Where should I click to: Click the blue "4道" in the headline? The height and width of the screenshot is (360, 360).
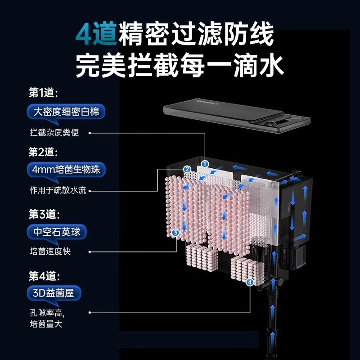(x=96, y=34)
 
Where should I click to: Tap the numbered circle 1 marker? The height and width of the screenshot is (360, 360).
(x=205, y=164)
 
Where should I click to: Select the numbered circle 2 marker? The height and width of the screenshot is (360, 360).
(x=187, y=170)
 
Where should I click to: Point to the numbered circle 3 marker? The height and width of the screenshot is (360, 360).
(x=175, y=232)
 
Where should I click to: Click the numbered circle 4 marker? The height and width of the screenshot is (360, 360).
(x=250, y=282)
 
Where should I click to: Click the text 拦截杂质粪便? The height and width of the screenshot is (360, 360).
(x=54, y=133)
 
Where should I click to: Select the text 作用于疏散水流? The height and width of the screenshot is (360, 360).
(x=57, y=191)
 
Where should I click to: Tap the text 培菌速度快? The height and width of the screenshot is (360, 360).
(x=50, y=252)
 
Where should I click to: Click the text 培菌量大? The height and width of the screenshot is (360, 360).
(x=45, y=324)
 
